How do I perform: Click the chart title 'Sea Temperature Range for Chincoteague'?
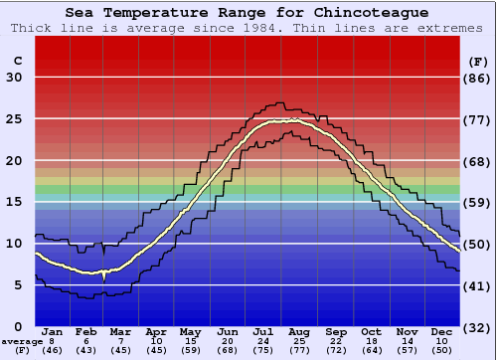(x=248, y=13)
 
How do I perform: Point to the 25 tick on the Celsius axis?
(x=14, y=119)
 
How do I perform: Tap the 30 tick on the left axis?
(x=14, y=78)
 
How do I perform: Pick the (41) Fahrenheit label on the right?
(x=479, y=285)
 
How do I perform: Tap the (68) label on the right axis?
(x=479, y=161)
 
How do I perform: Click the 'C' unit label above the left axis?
(x=17, y=61)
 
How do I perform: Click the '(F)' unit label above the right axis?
(x=479, y=61)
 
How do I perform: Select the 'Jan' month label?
(x=53, y=331)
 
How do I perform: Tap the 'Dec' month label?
(x=442, y=331)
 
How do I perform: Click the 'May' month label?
(x=189, y=331)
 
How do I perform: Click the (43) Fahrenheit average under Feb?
(x=86, y=351)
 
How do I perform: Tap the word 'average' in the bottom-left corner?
(x=22, y=341)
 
